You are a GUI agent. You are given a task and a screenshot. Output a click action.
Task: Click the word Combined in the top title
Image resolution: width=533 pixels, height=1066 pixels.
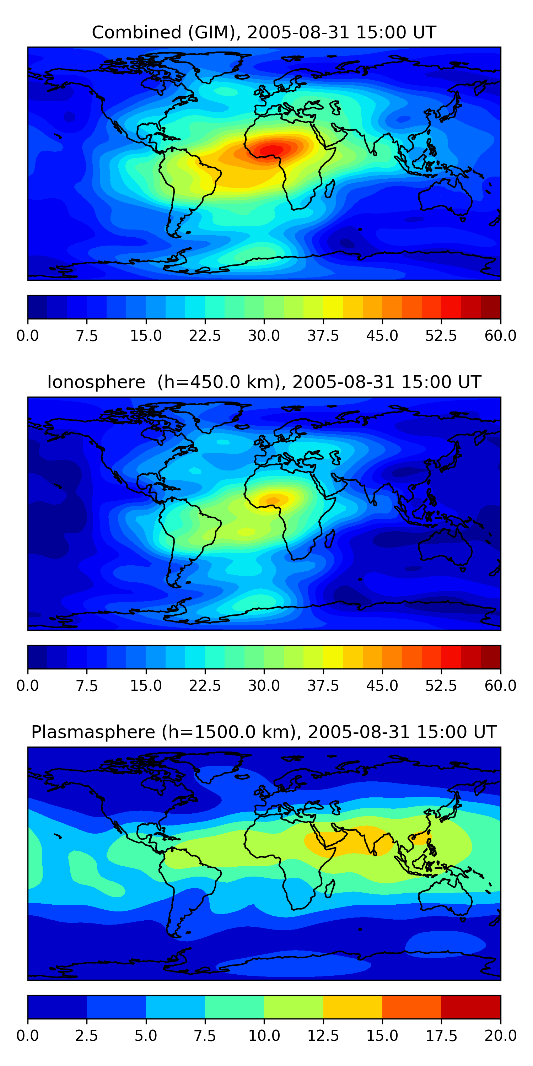click(136, 32)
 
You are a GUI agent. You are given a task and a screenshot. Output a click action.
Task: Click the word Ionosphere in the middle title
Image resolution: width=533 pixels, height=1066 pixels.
click(96, 382)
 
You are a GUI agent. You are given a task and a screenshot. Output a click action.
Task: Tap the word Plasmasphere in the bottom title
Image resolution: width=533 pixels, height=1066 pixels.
click(93, 732)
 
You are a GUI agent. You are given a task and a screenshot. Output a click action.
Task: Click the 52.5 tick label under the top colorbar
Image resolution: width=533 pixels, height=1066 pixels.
click(441, 335)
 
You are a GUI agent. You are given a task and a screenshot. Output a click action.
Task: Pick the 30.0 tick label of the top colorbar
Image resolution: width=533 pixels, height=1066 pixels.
click(264, 335)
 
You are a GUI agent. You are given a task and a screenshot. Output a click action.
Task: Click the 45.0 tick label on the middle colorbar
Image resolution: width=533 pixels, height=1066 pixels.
click(382, 686)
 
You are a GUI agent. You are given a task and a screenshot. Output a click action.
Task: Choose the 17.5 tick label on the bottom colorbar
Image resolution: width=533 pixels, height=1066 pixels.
click(441, 1036)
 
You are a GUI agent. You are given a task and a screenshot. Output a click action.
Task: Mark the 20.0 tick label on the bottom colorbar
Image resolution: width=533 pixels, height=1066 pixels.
click(500, 1036)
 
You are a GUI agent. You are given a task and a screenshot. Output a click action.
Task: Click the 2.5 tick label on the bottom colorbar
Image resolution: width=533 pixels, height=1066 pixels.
click(86, 1036)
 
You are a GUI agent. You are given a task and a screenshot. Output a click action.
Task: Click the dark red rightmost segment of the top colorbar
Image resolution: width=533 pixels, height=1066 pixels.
click(491, 307)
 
